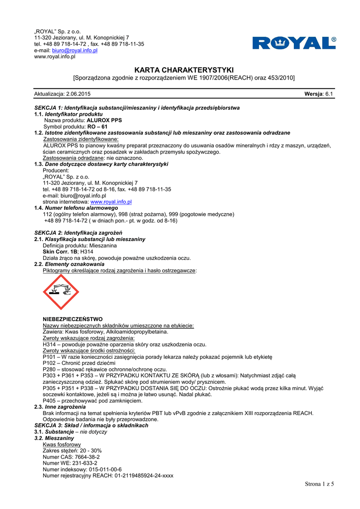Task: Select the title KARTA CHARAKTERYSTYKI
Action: [184, 70]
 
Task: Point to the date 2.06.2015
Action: [78, 94]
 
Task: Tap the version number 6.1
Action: [329, 94]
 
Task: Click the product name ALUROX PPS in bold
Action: [104, 120]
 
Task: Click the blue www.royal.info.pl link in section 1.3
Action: [111, 202]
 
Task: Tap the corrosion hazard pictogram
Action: [61, 292]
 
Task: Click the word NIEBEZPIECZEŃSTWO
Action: [73, 319]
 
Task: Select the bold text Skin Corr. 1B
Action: [60, 252]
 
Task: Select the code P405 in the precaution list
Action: [50, 400]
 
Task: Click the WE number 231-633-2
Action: [82, 463]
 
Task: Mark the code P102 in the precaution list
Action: [50, 363]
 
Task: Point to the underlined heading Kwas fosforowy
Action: [62, 444]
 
